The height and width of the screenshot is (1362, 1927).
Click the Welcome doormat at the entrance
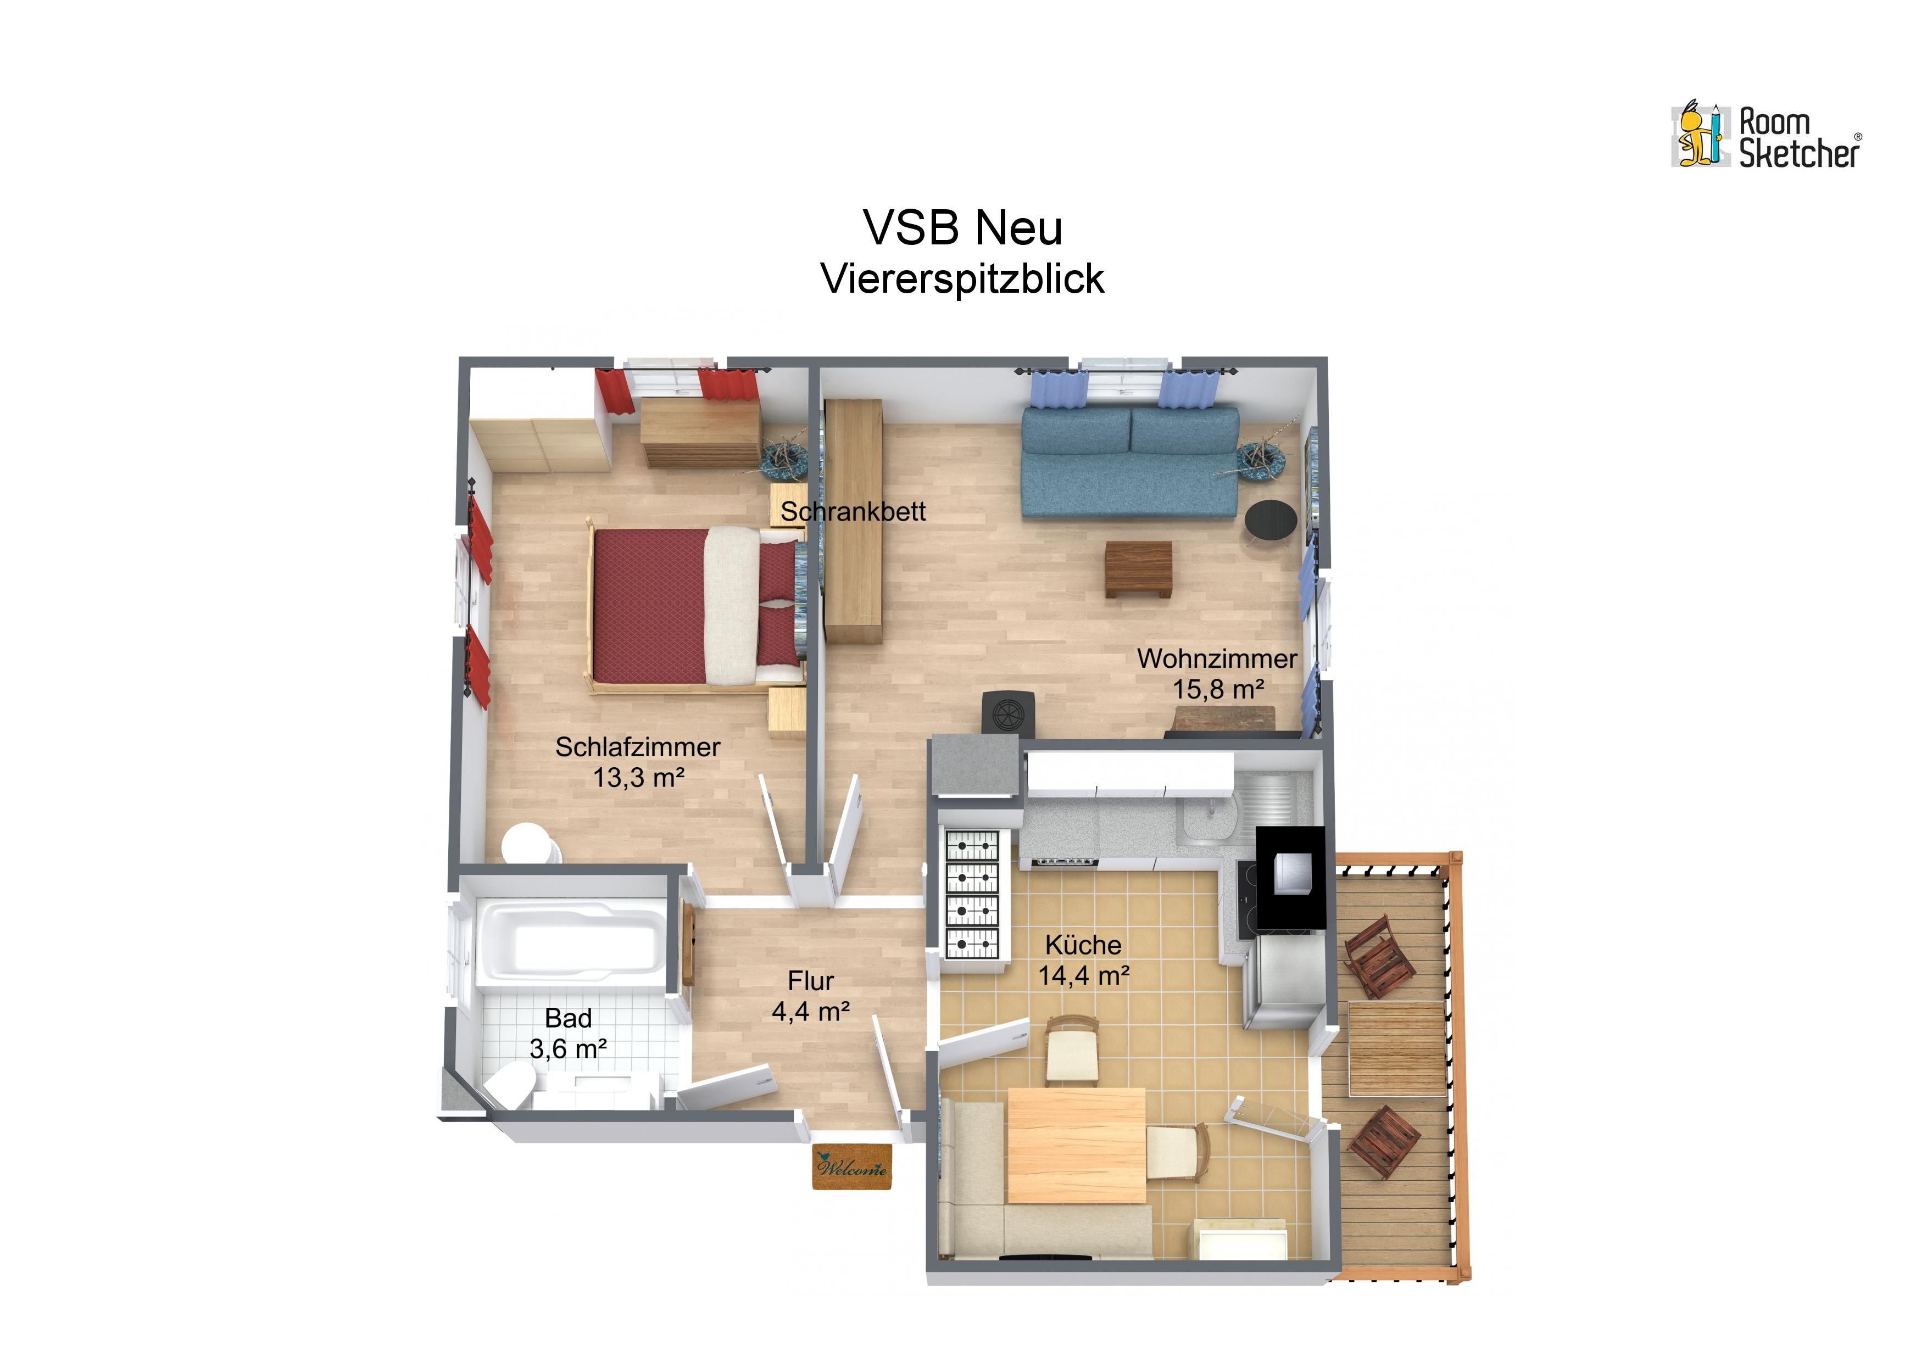click(851, 1167)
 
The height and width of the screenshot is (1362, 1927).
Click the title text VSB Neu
click(962, 227)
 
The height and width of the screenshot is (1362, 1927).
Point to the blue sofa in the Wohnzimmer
click(1130, 463)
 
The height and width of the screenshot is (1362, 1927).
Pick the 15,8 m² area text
click(1218, 689)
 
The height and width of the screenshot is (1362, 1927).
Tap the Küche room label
click(1083, 945)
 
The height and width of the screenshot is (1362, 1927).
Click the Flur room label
click(811, 980)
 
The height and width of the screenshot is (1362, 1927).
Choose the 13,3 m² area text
click(639, 777)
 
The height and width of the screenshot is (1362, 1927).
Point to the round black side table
click(1271, 520)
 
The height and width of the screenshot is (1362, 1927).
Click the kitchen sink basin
click(1206, 820)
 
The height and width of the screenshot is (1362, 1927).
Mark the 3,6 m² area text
click(568, 1048)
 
